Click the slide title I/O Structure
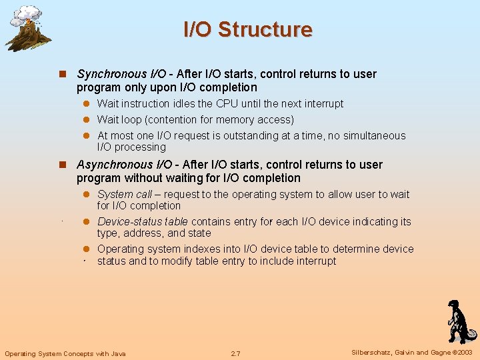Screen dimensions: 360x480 (x=247, y=29)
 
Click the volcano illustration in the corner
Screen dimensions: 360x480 (x=27, y=28)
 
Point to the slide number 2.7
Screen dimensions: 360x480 (x=235, y=353)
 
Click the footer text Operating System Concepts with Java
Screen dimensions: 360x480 (x=65, y=353)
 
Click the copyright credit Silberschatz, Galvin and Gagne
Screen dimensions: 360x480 (x=411, y=353)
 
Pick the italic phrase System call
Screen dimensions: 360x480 (x=125, y=194)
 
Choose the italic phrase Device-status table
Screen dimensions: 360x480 (x=142, y=221)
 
